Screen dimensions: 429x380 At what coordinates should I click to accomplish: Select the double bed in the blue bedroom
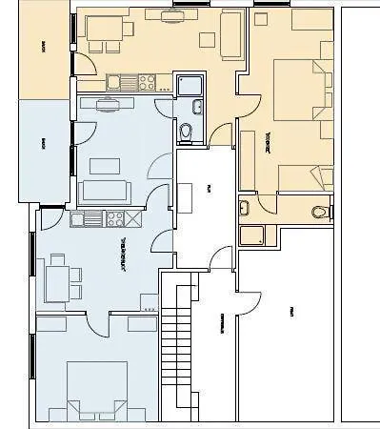96,389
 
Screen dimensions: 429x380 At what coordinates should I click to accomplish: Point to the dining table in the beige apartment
104,31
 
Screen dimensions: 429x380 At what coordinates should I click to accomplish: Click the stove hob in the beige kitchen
148,83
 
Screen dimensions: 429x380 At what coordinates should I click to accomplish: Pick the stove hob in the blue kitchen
115,218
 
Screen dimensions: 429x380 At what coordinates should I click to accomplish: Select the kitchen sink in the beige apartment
115,82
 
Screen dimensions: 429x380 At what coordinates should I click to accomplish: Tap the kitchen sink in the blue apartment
92,218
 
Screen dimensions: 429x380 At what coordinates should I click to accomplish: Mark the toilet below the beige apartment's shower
187,130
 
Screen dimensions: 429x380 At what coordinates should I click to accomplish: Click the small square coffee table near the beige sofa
208,38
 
